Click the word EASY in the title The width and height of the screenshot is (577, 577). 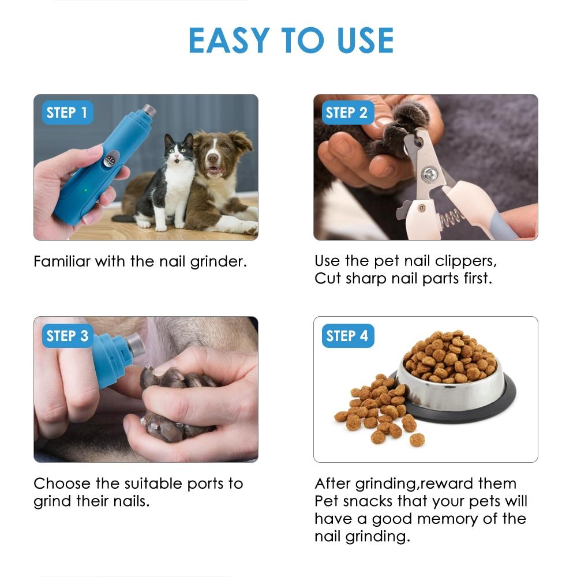click(229, 40)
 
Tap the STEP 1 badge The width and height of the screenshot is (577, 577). click(67, 113)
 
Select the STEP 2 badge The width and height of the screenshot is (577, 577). click(347, 113)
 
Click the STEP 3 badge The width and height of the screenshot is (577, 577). click(68, 336)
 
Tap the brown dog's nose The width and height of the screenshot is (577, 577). click(213, 158)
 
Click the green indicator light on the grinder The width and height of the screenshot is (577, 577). click(86, 190)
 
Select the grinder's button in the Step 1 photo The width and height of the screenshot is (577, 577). click(110, 159)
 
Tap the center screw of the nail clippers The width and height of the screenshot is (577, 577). click(429, 174)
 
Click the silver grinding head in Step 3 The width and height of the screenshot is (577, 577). click(135, 345)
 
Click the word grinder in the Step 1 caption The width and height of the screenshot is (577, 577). click(218, 262)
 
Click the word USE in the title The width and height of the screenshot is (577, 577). click(365, 40)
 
